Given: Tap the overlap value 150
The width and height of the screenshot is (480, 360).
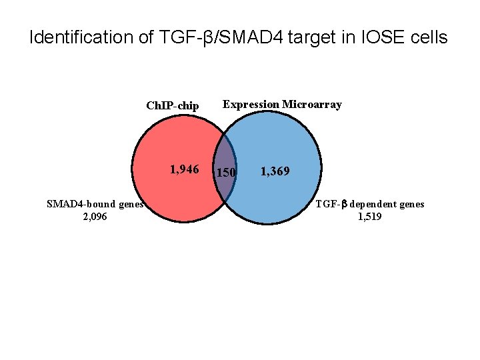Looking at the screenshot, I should point(227,173).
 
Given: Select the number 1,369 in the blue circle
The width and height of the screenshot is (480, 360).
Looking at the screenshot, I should point(275,172).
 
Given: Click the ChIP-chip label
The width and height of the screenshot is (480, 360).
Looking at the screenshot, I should point(172,105).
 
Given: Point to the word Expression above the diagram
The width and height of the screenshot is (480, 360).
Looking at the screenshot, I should point(251,104).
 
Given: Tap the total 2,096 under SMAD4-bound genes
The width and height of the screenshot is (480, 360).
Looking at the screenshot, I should point(93,216).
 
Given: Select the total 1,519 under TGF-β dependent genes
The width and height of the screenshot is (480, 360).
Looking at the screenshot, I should point(370,216).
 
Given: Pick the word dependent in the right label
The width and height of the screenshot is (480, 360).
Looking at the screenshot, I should point(372,204).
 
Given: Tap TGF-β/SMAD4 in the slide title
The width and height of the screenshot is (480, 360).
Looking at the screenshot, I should point(215,37).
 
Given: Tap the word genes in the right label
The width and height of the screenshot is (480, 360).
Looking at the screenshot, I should point(410,204).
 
